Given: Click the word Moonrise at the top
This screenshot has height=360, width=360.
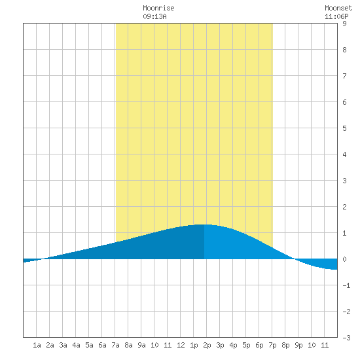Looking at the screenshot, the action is [158, 8].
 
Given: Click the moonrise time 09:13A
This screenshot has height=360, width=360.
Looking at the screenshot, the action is [154, 16].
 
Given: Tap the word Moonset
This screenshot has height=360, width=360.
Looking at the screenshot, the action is [338, 8].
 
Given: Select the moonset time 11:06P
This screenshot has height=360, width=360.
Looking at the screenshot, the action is [336, 16].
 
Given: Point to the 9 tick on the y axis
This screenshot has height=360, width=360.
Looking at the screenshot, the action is [344, 24].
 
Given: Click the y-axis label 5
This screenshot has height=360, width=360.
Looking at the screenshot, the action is [344, 128].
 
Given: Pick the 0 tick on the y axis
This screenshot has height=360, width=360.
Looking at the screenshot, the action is [344, 259].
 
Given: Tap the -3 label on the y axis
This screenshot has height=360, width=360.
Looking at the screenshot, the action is [346, 338].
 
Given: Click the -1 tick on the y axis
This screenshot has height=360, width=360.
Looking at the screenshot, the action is [346, 285].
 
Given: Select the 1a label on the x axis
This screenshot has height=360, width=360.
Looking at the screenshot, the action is [37, 345].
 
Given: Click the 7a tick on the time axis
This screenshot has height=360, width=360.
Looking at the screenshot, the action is [115, 345].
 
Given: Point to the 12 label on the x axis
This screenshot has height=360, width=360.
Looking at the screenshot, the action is [181, 345].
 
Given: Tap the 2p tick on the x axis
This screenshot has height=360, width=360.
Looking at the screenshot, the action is [207, 345].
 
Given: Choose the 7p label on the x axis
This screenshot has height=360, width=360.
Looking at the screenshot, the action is [272, 345].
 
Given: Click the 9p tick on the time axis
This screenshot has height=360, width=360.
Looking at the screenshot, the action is [298, 345].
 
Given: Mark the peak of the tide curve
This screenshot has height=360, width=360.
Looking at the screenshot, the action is [204, 225].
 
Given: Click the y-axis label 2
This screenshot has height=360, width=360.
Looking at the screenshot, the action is [344, 207].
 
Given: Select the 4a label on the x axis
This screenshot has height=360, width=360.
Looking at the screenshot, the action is [76, 345].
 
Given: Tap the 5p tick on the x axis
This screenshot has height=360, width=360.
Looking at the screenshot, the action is [246, 345].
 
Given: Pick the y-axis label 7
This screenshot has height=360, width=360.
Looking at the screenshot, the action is [344, 76].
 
